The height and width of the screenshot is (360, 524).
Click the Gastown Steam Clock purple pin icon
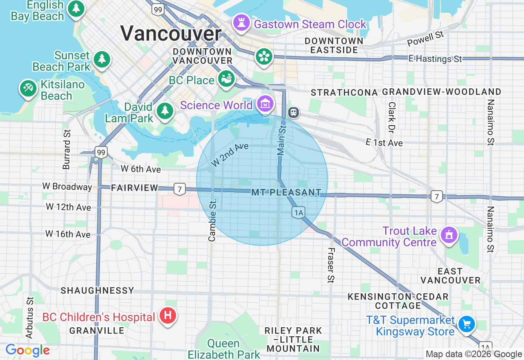pos(241,23)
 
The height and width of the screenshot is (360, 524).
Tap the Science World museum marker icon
pos(265,104)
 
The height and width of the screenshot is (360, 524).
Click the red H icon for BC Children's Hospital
pos(167,316)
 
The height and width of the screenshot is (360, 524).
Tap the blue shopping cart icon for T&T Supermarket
pos(466,324)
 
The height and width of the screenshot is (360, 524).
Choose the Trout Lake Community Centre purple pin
pos(449,235)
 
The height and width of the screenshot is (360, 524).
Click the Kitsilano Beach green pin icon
pos(28,88)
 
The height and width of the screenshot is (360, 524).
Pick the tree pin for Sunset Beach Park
pos(102,59)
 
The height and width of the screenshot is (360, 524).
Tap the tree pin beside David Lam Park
pos(165,110)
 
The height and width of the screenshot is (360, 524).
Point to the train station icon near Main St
pos(293,112)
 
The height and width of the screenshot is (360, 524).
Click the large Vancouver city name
pos(171,34)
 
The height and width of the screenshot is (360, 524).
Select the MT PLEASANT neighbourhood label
pos(286,192)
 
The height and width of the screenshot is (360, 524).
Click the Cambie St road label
pos(212,220)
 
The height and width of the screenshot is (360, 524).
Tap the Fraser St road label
pos(331,265)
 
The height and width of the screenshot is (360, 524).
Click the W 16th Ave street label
pos(68,234)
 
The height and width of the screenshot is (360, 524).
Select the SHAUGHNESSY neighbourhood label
pos(97,290)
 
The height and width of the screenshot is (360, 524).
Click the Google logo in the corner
pos(27,350)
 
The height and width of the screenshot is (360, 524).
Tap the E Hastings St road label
pos(435,59)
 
